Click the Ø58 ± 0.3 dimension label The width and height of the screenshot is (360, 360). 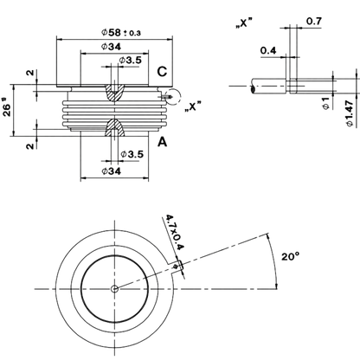coord(121,32)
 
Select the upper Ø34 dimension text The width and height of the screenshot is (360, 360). coord(111,47)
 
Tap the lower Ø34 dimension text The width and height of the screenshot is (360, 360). coord(112,171)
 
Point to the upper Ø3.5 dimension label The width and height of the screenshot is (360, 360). coord(131,61)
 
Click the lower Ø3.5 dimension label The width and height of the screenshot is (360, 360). coord(132,154)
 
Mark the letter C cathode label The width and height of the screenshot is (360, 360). coord(162,72)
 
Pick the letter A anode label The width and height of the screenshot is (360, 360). coord(163,142)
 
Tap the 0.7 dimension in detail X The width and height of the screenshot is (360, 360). coord(314,21)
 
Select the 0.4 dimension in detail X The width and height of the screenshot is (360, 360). coord(268,50)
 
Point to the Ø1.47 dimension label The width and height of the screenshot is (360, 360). coord(350,113)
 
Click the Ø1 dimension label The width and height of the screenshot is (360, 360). coord(326,103)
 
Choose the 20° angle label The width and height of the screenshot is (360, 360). coord(291,256)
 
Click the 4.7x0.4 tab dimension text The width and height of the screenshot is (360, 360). coord(174,232)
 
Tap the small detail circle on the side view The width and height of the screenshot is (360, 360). coord(173,96)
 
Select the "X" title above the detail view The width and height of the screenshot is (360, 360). coord(244,23)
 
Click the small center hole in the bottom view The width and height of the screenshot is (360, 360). coord(114,288)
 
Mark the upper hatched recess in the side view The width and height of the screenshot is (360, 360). coord(114,93)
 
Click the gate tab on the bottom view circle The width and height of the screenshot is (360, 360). coord(176,267)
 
